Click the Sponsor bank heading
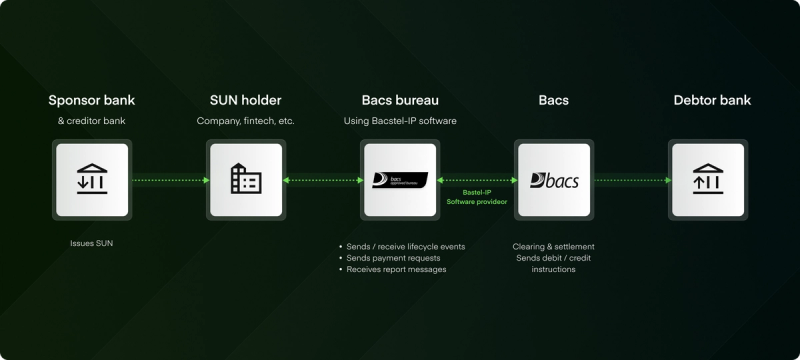[x=92, y=100]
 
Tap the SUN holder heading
[x=245, y=100]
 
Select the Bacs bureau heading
[x=400, y=100]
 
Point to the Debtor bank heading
[x=712, y=100]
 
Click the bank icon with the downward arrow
[x=92, y=179]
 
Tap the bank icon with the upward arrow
[x=708, y=179]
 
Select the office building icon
[x=246, y=178]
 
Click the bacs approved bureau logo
[x=400, y=180]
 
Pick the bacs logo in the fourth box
[x=554, y=180]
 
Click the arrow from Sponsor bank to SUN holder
[x=170, y=180]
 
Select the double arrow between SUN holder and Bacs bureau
[x=323, y=180]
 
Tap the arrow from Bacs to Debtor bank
[x=633, y=180]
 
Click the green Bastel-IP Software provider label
[x=477, y=197]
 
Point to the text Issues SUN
[x=91, y=243]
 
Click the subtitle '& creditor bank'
[x=92, y=121]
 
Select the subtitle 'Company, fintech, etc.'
[x=246, y=121]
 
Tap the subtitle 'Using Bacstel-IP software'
[x=400, y=121]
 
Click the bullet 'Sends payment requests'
[x=393, y=258]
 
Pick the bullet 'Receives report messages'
[x=396, y=269]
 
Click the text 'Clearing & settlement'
[x=554, y=247]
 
